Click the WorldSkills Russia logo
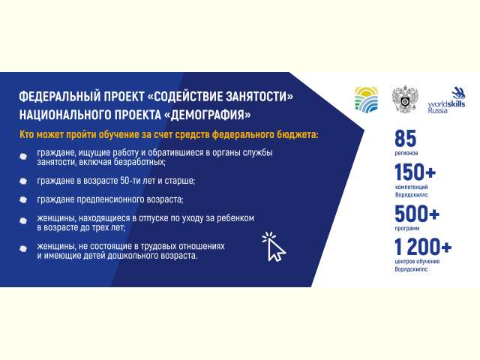coord(447,100)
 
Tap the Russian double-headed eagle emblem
coord(405,100)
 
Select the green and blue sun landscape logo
coord(366,98)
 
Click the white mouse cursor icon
coord(274,247)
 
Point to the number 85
coord(405,138)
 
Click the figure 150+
coord(415,172)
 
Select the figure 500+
coord(417,213)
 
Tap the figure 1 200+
coord(423,247)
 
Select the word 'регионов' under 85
coord(406,153)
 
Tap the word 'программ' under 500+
coord(407,228)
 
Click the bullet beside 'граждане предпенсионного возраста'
coord(23,200)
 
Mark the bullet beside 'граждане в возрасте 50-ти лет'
coord(23,181)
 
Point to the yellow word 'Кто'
coord(27,135)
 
